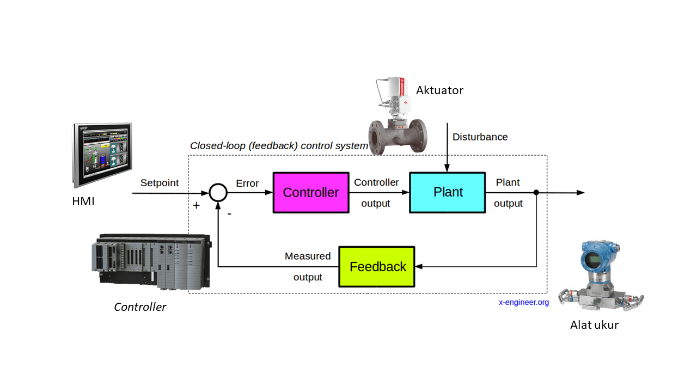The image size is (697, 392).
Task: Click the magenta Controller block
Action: point(310,193)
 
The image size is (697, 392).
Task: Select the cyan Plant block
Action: point(448,192)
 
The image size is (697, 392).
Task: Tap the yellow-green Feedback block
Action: point(377,267)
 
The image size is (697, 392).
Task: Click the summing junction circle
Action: point(218,192)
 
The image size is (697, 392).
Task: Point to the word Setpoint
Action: point(160,183)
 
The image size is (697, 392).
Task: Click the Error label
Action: point(247,183)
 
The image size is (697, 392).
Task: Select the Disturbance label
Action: point(480,137)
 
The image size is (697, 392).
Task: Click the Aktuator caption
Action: point(439,90)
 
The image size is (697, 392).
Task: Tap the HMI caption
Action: point(83,202)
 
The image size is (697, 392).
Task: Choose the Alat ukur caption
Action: point(594,326)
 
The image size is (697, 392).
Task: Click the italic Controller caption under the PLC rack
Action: point(140,307)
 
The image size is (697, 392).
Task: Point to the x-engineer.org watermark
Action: point(523,302)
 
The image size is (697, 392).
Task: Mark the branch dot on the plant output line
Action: point(536,192)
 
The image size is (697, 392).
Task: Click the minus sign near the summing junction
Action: point(229,214)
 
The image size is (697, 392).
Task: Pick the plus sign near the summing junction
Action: point(196,205)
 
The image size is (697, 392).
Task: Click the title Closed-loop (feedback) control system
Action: point(279,146)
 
